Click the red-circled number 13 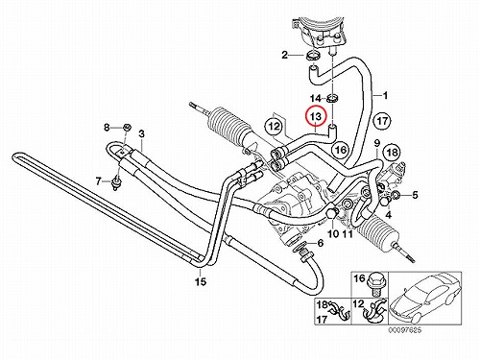(316, 116)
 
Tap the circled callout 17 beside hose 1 (382, 122)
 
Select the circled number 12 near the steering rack (275, 127)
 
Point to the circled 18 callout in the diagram (393, 153)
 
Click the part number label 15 (202, 281)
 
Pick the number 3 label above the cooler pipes (141, 134)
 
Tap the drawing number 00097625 (405, 330)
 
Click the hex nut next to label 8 (127, 128)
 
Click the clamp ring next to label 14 (333, 98)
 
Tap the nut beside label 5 (396, 195)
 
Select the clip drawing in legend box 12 (375, 312)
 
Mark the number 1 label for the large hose (385, 95)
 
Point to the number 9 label (376, 142)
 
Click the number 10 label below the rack (333, 233)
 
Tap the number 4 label (388, 215)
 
